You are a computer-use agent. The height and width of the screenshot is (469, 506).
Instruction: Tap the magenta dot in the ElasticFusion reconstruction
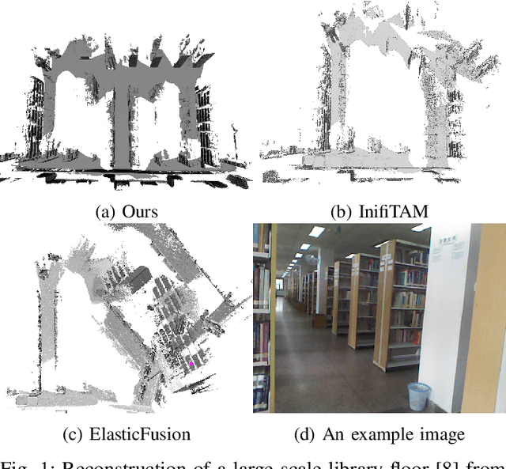click(191, 363)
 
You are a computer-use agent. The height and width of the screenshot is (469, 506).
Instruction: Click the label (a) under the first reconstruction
click(104, 211)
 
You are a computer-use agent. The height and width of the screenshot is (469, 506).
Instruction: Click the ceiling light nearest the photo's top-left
click(317, 232)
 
